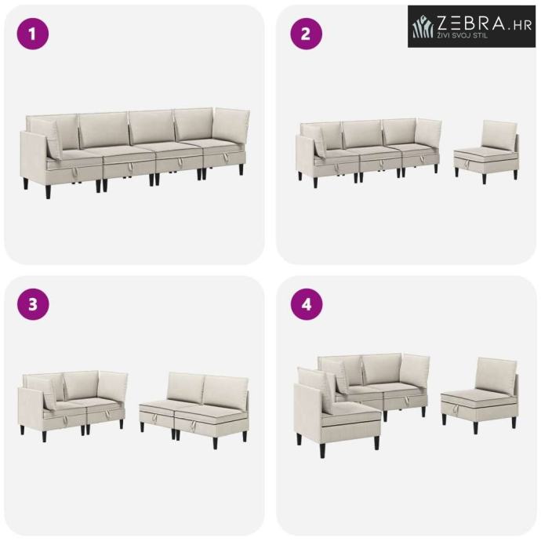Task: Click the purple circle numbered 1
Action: [x=33, y=34]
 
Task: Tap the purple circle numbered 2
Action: [x=306, y=34]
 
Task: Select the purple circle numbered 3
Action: [x=33, y=304]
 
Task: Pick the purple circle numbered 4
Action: [x=306, y=304]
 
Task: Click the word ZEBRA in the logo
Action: [x=471, y=23]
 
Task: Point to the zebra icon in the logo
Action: [x=423, y=26]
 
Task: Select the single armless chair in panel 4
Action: [x=480, y=395]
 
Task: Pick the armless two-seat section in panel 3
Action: [x=194, y=408]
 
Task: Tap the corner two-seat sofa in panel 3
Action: [x=72, y=405]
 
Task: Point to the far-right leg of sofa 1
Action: [x=241, y=169]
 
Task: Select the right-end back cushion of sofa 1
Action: [x=231, y=126]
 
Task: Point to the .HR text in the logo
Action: [x=521, y=26]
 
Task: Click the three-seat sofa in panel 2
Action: [x=369, y=152]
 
